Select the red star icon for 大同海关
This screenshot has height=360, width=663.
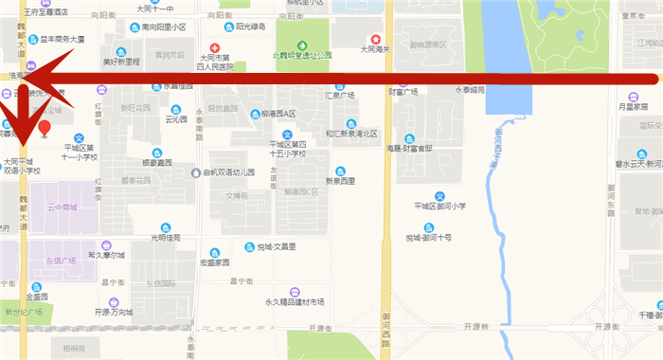pos(376,39)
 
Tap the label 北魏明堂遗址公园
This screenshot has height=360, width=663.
pos(301,55)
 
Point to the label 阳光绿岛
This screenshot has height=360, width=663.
pos(250,27)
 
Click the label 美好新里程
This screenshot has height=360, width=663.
pos(120,62)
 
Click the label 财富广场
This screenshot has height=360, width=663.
pos(403,94)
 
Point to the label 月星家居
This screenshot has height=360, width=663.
pos(634,107)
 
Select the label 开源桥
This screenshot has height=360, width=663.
pos(475,327)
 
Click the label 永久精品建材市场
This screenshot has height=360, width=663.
pos(295,301)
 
